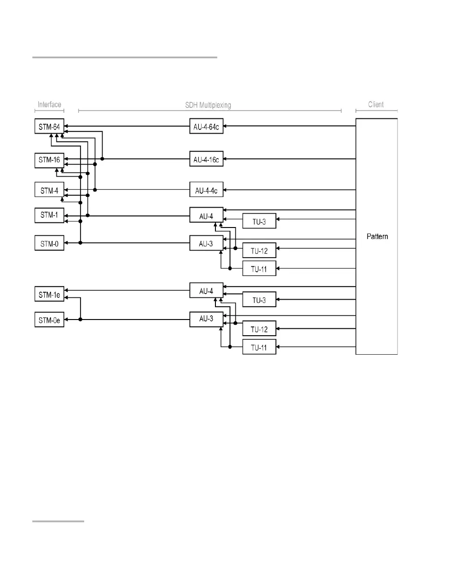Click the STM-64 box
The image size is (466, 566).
point(49,126)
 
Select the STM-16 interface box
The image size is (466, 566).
point(49,160)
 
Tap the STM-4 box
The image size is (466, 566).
point(49,190)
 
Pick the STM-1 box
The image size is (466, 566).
point(49,215)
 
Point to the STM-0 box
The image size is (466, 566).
point(49,243)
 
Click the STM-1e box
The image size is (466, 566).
point(49,294)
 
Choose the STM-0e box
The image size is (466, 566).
point(49,320)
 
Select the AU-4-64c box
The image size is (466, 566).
point(206,126)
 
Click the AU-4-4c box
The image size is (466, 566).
point(206,190)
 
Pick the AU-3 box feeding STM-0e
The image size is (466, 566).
point(206,319)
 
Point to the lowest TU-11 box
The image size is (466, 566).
point(259,347)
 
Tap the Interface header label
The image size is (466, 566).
point(49,105)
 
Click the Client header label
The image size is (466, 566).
point(376,105)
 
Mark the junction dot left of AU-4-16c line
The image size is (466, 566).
point(102,159)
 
